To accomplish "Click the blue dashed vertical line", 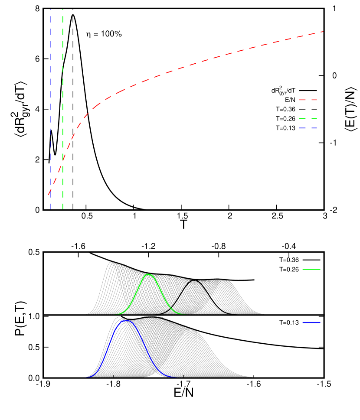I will coord(51,87).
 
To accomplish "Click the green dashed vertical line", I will coord(63,87).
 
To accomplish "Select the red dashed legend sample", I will coord(308,100).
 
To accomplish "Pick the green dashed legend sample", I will coord(308,118).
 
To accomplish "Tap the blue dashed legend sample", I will coord(308,128).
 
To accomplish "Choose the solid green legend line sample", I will coord(311,270).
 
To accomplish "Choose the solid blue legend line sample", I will coord(311,322).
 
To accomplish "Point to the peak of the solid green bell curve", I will coord(149,274).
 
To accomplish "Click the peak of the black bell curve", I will coord(196,281).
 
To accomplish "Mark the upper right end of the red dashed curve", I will coord(323,32).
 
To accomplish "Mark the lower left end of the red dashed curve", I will coord(48,195).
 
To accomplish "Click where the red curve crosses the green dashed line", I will coord(63,160).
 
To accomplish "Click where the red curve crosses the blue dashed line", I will coord(51,189).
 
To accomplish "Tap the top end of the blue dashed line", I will coord(51,10).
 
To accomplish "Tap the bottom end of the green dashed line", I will coord(63,209).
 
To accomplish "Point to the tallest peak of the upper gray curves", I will coord(111,262).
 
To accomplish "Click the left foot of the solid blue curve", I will coord(87,377).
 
